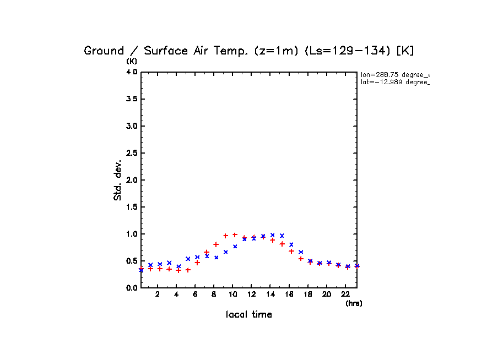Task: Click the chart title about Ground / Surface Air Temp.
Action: [x=248, y=51]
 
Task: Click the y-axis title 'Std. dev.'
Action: [x=118, y=180]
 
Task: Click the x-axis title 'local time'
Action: [x=248, y=315]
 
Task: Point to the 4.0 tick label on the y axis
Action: [x=131, y=72]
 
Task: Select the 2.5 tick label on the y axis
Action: [x=131, y=153]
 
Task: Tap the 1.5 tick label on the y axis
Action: [x=131, y=207]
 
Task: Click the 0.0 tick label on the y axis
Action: [x=131, y=288]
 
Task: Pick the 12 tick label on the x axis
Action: [x=251, y=294]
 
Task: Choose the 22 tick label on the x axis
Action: [x=345, y=294]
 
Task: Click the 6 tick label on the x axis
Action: [x=195, y=294]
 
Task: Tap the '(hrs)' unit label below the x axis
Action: [x=354, y=303]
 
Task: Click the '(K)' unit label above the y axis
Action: [x=132, y=61]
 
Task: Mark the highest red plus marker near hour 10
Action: [x=235, y=234]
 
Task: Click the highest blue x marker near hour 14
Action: [x=272, y=235]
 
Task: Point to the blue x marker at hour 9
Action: [x=225, y=252]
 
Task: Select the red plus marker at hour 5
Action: [x=188, y=270]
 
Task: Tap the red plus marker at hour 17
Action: [x=301, y=258]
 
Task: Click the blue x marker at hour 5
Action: [x=188, y=259]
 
